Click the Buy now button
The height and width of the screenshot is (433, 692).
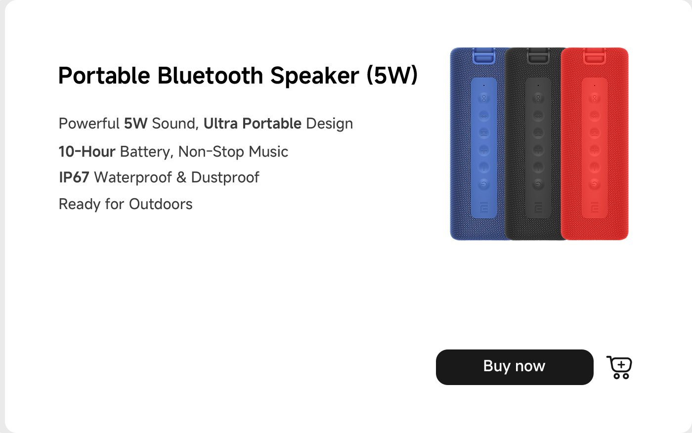[514, 367]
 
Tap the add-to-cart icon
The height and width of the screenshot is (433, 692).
[619, 367]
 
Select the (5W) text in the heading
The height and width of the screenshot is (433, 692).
[392, 76]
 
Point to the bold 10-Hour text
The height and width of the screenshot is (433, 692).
[87, 152]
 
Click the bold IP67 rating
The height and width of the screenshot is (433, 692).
[74, 177]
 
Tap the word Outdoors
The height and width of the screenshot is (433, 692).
[161, 204]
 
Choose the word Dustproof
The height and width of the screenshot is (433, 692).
[225, 177]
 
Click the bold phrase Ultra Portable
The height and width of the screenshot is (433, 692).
[252, 124]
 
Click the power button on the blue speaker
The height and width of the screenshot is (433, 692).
[484, 184]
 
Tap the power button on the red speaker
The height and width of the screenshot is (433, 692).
[595, 184]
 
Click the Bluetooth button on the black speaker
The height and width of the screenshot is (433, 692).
[538, 116]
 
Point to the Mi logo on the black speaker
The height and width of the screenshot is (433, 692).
[538, 208]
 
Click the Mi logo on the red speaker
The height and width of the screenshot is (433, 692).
[595, 208]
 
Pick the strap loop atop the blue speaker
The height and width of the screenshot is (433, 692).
[484, 55]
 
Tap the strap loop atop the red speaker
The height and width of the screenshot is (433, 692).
[595, 55]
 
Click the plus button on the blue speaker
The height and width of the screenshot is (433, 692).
[484, 150]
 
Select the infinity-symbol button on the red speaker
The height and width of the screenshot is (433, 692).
[595, 98]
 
